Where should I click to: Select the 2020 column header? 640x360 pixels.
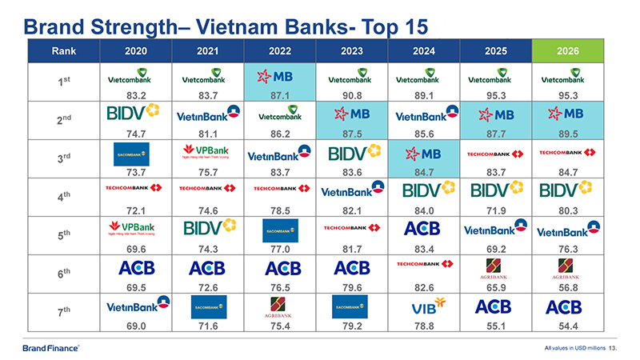[x=135, y=51]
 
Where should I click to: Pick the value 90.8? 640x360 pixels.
[x=353, y=94]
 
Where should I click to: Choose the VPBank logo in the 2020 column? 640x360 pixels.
[x=134, y=230]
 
